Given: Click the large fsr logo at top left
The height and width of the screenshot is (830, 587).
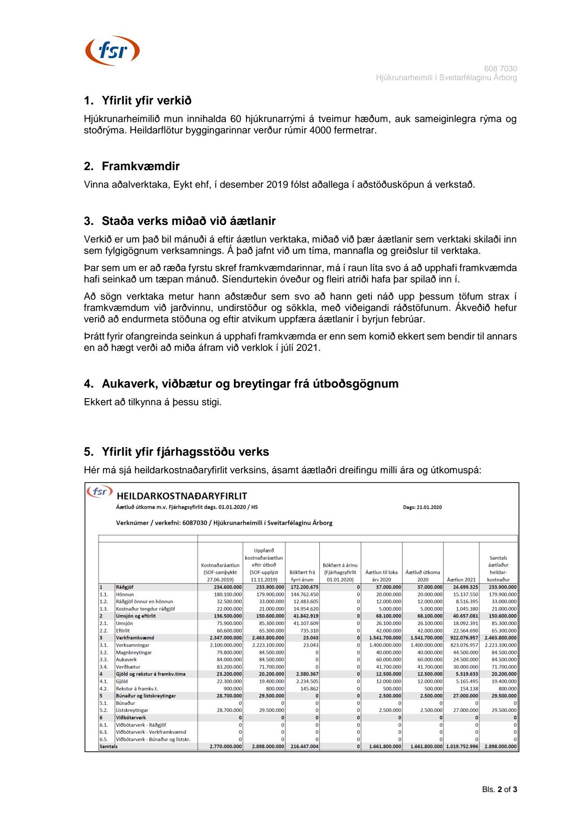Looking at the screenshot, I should tap(112, 50).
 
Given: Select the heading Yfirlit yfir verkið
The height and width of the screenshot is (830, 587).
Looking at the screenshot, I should tap(146, 101).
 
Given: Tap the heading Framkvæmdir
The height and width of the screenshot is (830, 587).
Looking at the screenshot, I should tap(140, 166).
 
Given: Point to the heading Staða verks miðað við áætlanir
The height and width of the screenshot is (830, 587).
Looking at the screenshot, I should tap(189, 221).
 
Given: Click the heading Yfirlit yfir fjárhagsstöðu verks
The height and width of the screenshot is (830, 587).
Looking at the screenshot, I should tap(185, 452).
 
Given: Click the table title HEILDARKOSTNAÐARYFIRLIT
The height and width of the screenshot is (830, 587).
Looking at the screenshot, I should tap(182, 496).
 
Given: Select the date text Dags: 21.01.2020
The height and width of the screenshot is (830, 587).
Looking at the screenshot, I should tap(422, 507).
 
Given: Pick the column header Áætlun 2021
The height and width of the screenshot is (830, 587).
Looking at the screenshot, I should tap(461, 580).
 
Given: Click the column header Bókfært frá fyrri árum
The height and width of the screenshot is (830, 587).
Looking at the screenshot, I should tap(302, 576).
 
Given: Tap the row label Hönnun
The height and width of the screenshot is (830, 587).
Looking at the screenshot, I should tap(125, 595).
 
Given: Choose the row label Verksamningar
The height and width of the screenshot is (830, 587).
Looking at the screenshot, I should tap(133, 645).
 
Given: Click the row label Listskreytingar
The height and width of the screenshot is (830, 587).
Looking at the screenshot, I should tap(132, 710).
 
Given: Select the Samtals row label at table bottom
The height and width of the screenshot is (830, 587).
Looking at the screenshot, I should tap(108, 746).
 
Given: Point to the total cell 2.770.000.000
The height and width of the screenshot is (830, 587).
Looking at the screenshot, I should tap(226, 746).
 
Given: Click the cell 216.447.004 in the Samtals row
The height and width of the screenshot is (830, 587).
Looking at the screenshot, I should tap(304, 746).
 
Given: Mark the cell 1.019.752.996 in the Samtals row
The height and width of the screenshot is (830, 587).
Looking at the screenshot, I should tap(462, 746).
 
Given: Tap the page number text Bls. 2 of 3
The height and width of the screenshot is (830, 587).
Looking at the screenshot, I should tap(499, 789).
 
